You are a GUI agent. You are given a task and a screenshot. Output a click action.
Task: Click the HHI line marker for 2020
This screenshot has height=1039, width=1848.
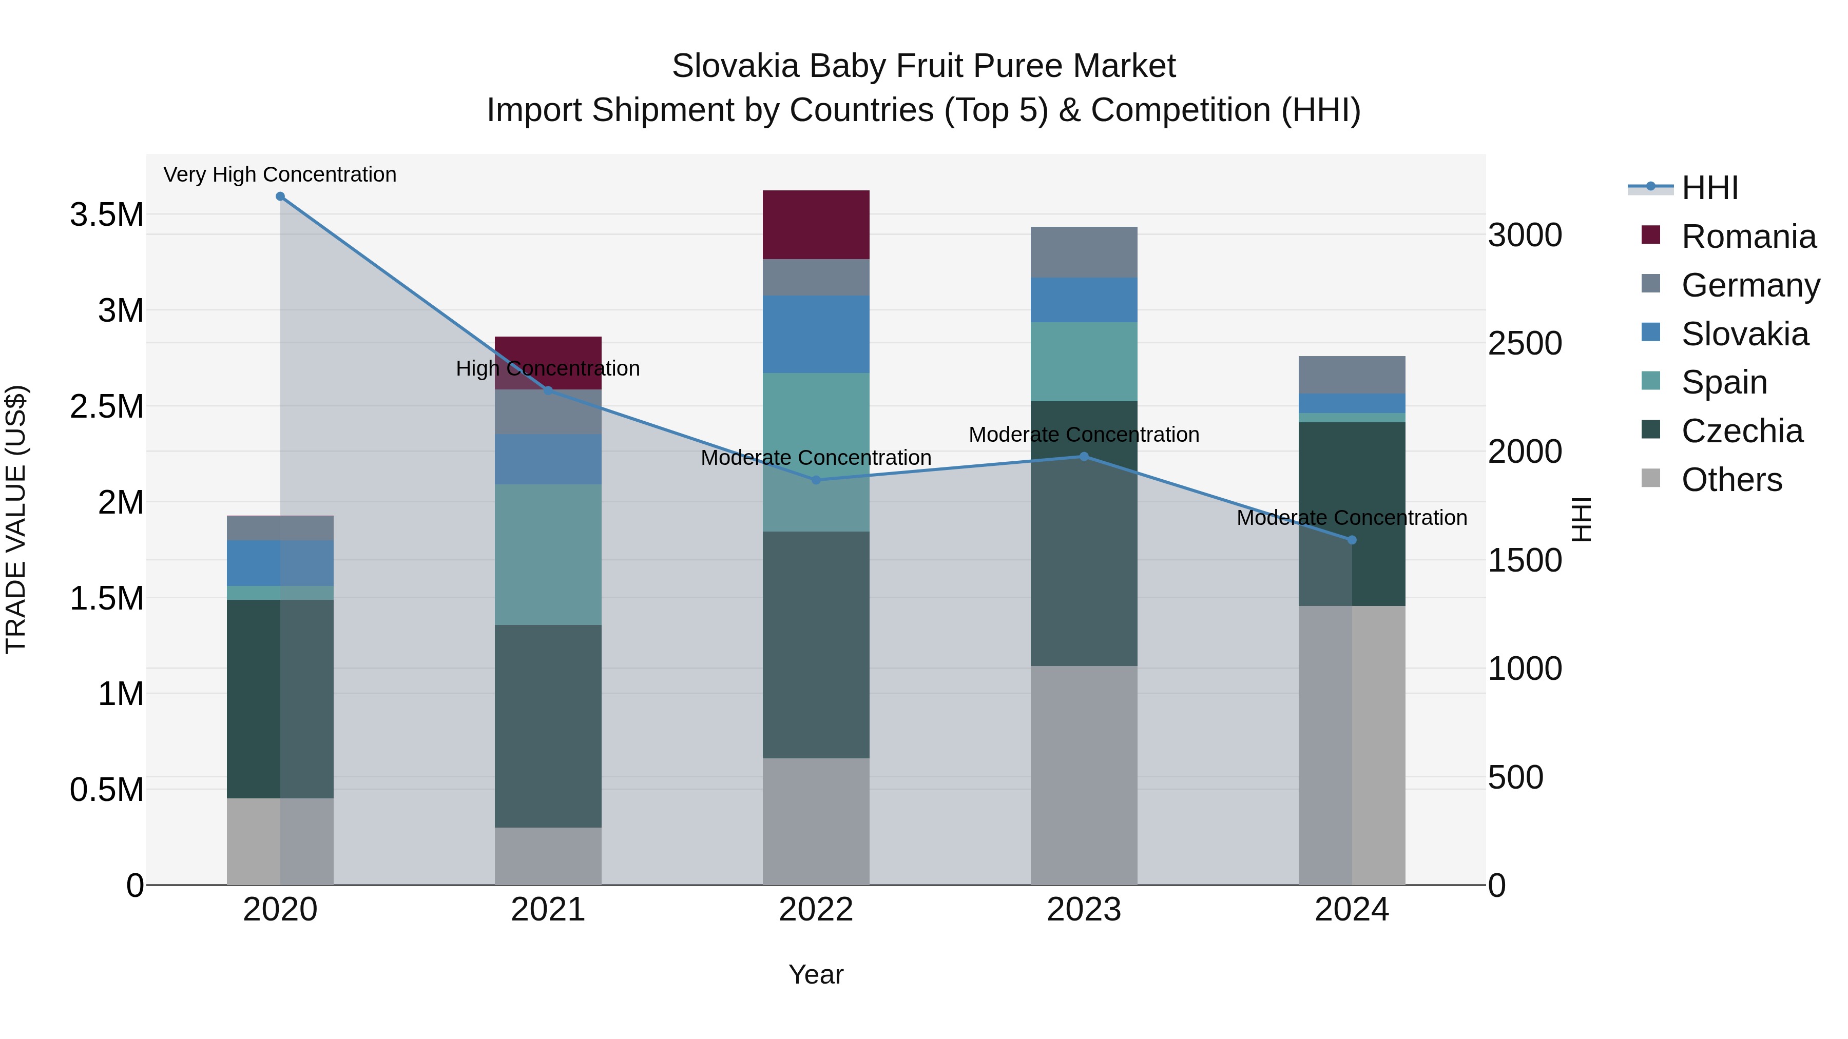280,197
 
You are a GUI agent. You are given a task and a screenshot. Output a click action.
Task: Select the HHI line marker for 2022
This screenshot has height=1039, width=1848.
816,480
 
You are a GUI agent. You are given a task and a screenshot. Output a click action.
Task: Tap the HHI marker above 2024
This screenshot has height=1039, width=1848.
1352,540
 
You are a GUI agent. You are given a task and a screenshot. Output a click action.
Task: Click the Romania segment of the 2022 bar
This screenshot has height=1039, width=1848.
816,224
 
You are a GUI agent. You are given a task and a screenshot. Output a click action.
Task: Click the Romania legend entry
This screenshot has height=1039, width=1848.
1748,237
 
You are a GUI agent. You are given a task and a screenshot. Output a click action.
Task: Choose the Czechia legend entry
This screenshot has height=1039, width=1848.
1742,431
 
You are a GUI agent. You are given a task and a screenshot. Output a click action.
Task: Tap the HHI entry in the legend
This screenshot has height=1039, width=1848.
1709,188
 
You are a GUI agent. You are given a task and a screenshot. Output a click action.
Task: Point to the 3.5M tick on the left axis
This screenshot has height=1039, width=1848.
107,214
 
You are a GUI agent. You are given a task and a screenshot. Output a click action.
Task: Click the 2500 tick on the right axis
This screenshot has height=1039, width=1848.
1525,343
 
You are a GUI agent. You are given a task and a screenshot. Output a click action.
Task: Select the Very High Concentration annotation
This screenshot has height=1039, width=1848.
280,174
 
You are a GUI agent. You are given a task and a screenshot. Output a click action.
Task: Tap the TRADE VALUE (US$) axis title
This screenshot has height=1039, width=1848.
16,519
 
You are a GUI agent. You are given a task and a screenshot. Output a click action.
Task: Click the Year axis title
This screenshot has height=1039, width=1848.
816,974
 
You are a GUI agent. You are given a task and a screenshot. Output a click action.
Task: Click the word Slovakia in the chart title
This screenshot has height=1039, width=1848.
735,66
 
